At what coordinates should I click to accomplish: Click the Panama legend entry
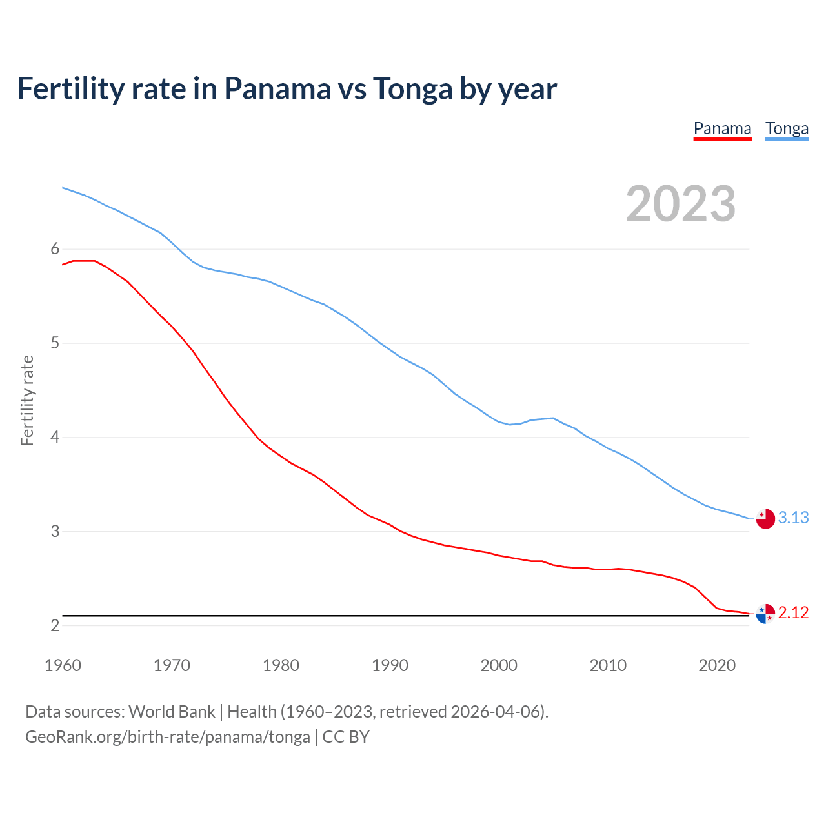tap(722, 129)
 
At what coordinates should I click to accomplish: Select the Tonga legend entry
tap(787, 129)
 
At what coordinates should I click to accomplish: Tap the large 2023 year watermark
tap(680, 204)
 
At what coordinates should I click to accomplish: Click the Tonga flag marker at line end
tap(765, 518)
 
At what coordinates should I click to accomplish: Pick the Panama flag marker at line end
tap(765, 614)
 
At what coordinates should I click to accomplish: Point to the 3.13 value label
tap(793, 518)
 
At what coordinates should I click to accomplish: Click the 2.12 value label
tap(793, 612)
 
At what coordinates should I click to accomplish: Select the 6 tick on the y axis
tap(55, 249)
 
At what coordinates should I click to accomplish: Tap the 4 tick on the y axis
tap(55, 438)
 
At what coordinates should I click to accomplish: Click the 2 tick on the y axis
tap(55, 625)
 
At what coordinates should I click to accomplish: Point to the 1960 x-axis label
tap(63, 665)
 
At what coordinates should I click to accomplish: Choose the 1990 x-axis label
tap(390, 665)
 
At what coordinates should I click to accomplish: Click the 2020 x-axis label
tap(717, 665)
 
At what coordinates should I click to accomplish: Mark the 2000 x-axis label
tap(499, 665)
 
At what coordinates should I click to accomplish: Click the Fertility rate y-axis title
tap(27, 400)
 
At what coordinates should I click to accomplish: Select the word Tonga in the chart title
tap(412, 89)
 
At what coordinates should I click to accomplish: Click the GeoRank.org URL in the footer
tap(167, 737)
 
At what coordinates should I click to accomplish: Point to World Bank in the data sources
tap(172, 712)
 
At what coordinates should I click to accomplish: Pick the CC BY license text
tap(346, 737)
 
